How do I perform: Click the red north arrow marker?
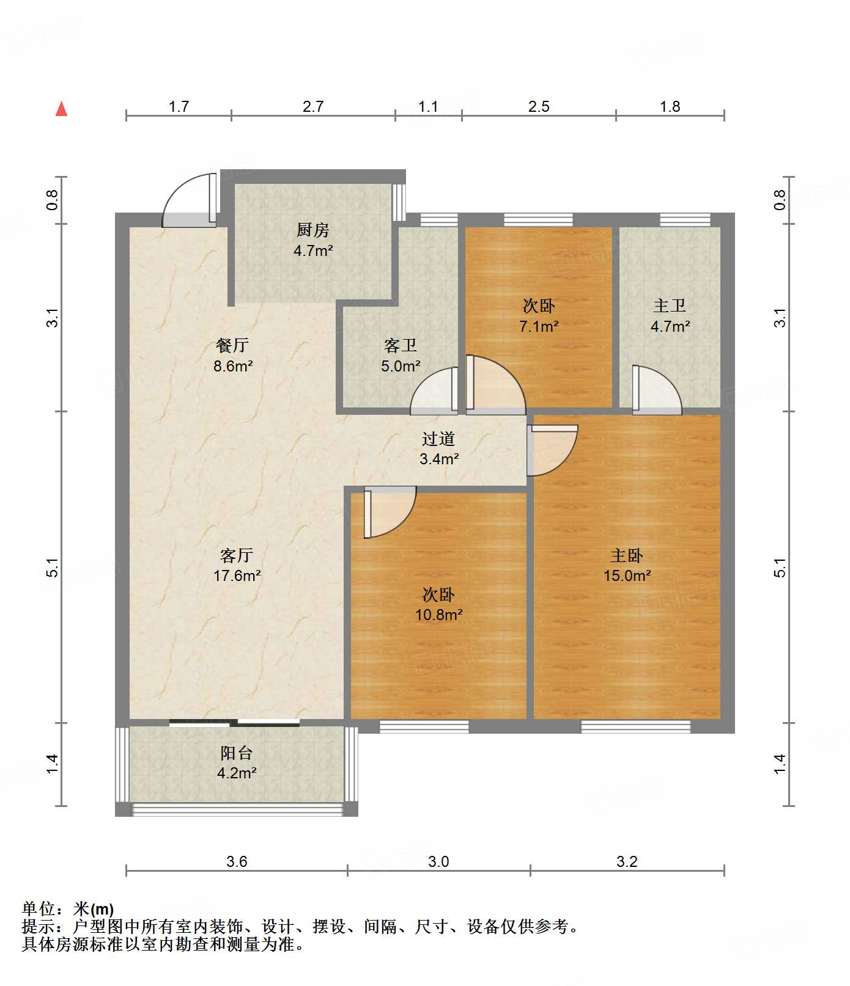click(61, 109)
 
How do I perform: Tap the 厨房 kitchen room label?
click(312, 230)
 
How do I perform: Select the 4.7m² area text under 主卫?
click(670, 326)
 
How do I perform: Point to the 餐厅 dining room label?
click(232, 346)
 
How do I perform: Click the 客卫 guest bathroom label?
click(401, 346)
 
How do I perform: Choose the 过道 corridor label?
click(438, 439)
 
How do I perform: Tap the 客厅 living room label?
click(237, 555)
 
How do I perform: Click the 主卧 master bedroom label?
click(627, 555)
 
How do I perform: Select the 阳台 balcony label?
click(237, 753)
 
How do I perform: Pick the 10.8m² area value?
click(439, 615)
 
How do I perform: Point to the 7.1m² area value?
click(539, 326)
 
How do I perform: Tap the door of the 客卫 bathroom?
click(434, 390)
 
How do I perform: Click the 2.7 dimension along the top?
click(313, 106)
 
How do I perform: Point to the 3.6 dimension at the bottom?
click(237, 861)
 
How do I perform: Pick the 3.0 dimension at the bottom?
click(438, 861)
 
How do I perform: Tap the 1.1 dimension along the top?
click(428, 106)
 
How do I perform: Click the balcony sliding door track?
click(234, 723)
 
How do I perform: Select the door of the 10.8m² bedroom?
click(390, 512)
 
